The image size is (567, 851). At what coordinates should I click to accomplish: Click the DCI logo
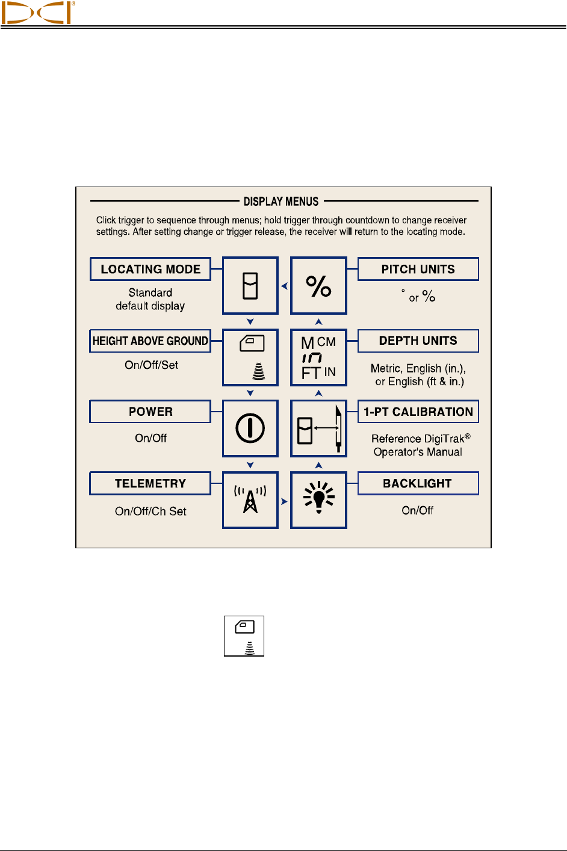(x=37, y=12)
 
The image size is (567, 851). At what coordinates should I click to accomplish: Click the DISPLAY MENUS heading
(x=281, y=202)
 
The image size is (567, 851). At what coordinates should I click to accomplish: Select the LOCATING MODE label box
(x=150, y=269)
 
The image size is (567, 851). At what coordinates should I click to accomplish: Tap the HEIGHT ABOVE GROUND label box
(x=150, y=341)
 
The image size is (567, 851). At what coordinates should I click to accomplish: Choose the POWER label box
(x=150, y=412)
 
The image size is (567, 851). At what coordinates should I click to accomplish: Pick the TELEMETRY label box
(x=150, y=483)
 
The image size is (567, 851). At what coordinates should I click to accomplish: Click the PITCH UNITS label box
(x=418, y=269)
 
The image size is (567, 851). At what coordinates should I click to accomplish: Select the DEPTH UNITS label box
(x=418, y=341)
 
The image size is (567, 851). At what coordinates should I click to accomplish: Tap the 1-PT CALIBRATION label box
(x=418, y=412)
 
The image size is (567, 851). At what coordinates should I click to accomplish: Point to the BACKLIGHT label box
(x=418, y=483)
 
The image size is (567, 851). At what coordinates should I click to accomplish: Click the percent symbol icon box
(x=318, y=286)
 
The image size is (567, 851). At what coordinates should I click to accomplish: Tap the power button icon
(x=250, y=429)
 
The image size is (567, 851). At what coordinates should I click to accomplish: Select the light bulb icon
(x=318, y=500)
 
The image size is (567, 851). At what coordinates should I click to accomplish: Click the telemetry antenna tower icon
(x=250, y=500)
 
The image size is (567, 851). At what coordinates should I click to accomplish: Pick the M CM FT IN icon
(x=318, y=357)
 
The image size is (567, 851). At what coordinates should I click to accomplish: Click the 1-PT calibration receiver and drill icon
(x=318, y=429)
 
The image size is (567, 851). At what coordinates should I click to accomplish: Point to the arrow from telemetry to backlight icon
(x=284, y=501)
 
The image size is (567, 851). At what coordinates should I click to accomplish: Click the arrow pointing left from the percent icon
(x=285, y=286)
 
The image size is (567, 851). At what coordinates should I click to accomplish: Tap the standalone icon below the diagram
(x=244, y=636)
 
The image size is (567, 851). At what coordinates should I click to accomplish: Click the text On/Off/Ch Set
(x=150, y=511)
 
